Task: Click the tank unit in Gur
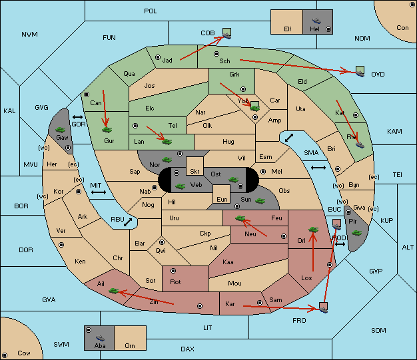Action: point(107,130)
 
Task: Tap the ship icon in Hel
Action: point(316,21)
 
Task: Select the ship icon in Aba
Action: point(101,338)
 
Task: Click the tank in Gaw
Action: point(60,130)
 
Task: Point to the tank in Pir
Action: point(356,233)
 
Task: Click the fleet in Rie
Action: point(360,144)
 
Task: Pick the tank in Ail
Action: point(114,291)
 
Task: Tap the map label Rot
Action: point(175,282)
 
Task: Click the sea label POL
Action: point(151,11)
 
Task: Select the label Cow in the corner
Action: point(24,353)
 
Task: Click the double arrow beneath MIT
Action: point(99,192)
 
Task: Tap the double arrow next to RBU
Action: point(128,222)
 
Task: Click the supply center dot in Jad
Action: point(158,57)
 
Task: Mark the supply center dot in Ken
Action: point(61,245)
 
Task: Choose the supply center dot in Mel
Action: point(263,172)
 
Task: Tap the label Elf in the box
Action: point(288,29)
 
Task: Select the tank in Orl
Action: point(313,230)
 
